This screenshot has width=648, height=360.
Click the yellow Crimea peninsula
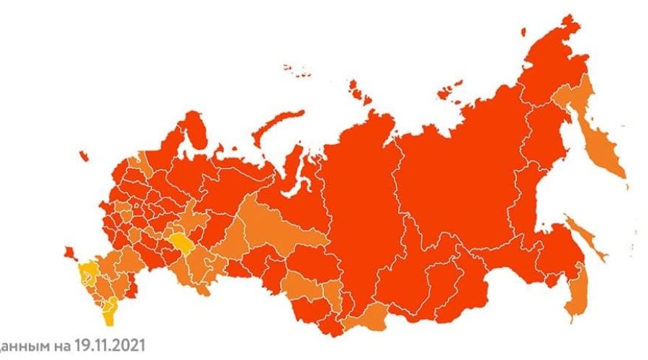click(88, 273)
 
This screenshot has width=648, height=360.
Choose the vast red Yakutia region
click(461, 180)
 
